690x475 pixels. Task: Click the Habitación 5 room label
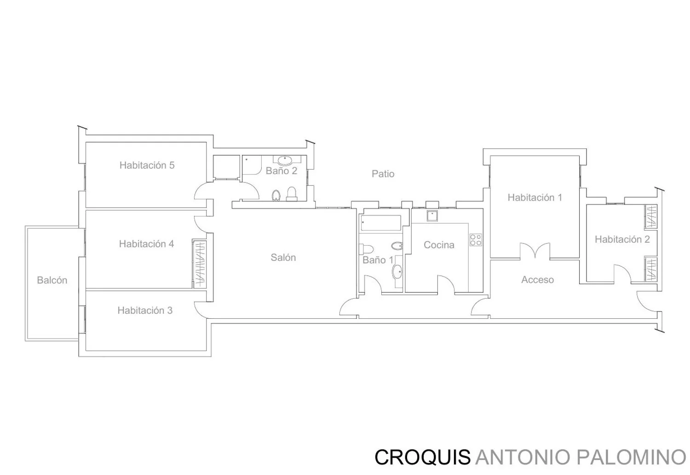[x=147, y=165]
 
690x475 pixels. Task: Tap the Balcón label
[x=52, y=280]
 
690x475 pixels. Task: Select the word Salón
[x=283, y=257]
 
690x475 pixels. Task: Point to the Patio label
[x=383, y=174]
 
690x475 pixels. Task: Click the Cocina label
[x=439, y=245]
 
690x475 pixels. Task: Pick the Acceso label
[x=538, y=280]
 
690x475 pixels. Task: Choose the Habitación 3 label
[x=145, y=311]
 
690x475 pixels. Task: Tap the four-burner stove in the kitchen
[x=476, y=240]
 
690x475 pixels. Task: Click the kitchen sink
[x=432, y=215]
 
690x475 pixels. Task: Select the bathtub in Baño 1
[x=381, y=223]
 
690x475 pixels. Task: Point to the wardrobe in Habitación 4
[x=199, y=264]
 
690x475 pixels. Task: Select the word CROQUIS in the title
[x=423, y=457]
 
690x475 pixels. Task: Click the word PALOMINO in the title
[x=631, y=457]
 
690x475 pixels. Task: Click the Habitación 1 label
[x=535, y=197]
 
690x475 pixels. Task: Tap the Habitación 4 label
[x=146, y=244]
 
